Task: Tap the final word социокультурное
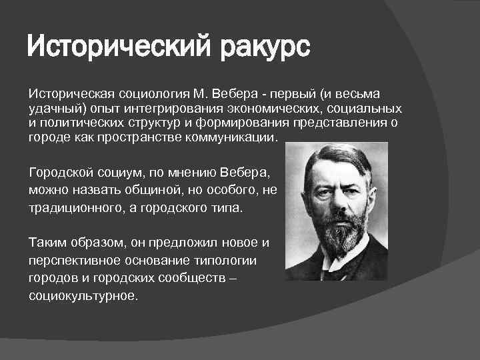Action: pos(83,293)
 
